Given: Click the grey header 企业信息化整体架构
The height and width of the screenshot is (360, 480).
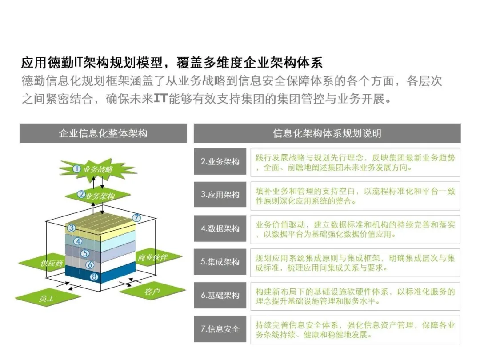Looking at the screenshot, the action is [x=103, y=133].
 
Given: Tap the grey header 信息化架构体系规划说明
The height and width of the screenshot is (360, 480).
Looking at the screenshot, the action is [x=327, y=133].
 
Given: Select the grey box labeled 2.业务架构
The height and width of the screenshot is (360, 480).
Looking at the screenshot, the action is [x=220, y=161].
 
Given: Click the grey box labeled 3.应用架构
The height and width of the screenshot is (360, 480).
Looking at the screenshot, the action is [x=220, y=194].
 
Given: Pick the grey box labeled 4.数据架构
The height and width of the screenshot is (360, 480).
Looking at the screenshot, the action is [x=220, y=228].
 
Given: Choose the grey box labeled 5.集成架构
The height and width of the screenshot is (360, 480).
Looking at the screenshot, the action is [x=220, y=262].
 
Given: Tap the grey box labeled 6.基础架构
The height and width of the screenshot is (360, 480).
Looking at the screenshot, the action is [x=220, y=295].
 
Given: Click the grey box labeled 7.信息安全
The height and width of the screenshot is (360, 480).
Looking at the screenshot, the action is [x=220, y=329].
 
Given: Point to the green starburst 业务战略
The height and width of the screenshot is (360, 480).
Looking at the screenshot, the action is [x=97, y=169].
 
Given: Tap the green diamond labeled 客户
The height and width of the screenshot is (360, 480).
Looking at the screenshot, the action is [x=152, y=291].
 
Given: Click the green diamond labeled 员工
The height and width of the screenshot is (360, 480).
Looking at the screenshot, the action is [x=48, y=298].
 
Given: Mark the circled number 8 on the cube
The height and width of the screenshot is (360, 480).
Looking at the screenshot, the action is [x=94, y=277].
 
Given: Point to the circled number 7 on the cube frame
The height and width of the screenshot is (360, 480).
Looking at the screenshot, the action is [x=136, y=218].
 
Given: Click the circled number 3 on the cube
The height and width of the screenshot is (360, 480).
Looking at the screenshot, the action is [x=71, y=228].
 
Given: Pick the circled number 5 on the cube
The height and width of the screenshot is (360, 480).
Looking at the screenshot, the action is [x=85, y=253].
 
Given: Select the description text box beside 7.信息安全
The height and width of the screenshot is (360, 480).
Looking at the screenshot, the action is [x=355, y=330].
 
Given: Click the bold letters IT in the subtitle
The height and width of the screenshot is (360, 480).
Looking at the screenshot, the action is [x=161, y=98].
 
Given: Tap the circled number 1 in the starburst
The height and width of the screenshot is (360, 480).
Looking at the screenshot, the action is [x=77, y=169].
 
